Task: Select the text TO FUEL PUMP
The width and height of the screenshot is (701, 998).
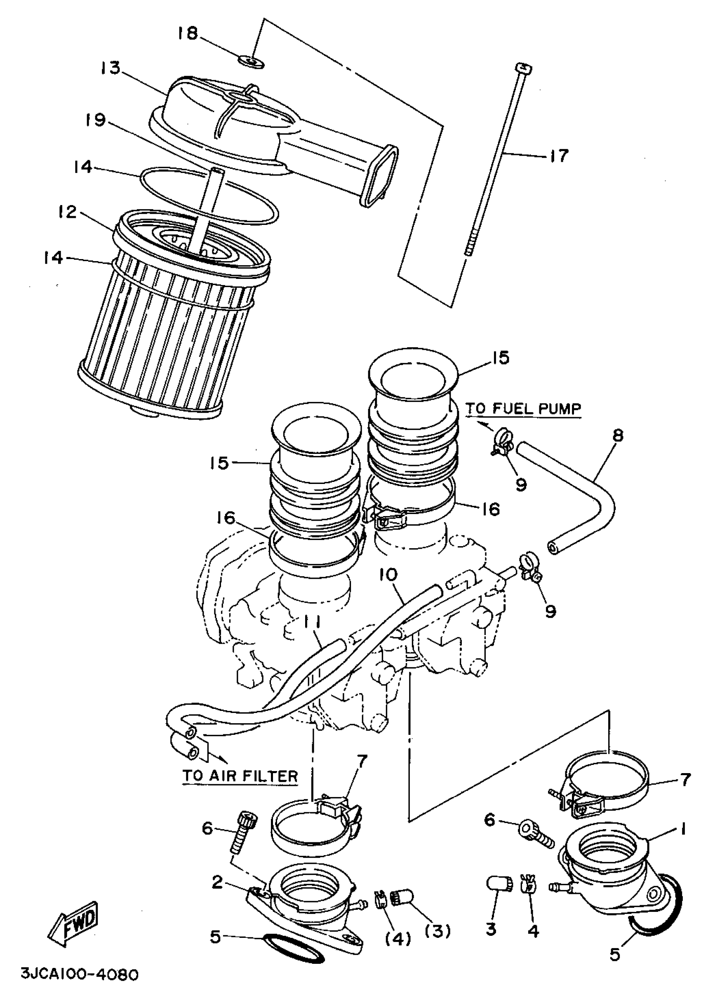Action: pos(523,409)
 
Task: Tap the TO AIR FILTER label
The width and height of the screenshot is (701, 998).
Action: pos(240,776)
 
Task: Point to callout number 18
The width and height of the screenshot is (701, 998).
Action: pos(188,33)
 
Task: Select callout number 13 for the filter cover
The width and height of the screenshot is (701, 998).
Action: pos(111,68)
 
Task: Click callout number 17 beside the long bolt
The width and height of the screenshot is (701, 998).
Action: pos(559,155)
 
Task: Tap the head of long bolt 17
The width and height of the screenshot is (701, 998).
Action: pos(523,68)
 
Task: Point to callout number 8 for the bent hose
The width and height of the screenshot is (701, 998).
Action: pos(617,435)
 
